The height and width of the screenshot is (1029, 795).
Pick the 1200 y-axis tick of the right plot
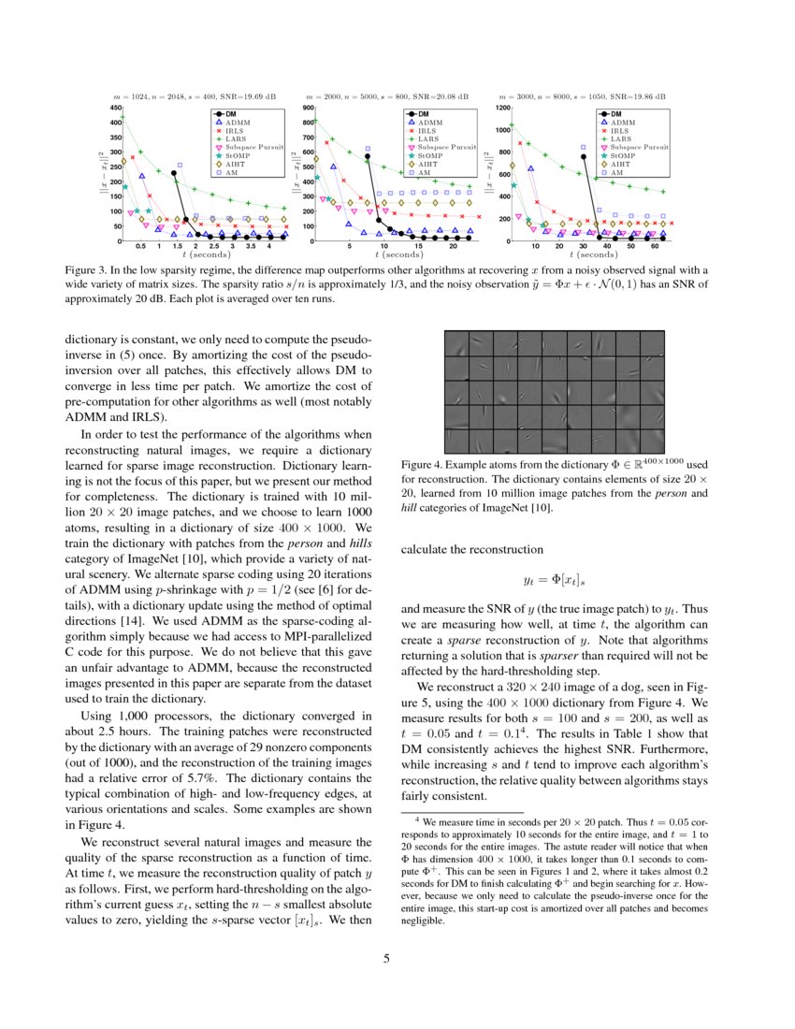pos(501,109)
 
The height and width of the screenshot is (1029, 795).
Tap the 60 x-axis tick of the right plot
pos(653,247)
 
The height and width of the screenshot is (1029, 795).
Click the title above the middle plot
pos(392,96)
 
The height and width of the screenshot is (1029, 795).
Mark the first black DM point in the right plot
pos(585,157)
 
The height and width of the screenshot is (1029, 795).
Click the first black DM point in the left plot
pos(174,173)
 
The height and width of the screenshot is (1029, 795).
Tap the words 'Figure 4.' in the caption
pos(423,464)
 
